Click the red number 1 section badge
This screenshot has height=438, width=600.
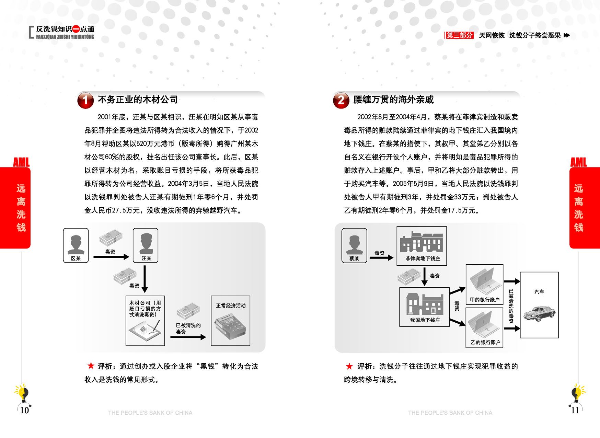pyautogui.click(x=85, y=100)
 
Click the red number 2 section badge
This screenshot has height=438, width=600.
pyautogui.click(x=341, y=100)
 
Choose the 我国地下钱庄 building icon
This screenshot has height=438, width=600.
pyautogui.click(x=425, y=303)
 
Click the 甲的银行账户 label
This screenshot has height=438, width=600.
pyautogui.click(x=485, y=300)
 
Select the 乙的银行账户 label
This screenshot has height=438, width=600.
pyautogui.click(x=485, y=342)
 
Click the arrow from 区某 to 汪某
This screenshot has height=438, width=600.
pyautogui.click(x=111, y=257)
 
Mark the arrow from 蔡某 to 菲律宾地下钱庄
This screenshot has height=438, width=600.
pyautogui.click(x=381, y=257)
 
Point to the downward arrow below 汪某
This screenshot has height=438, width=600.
pyautogui.click(x=145, y=279)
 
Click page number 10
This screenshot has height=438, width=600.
pyautogui.click(x=24, y=410)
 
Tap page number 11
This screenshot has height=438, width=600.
pyautogui.click(x=575, y=410)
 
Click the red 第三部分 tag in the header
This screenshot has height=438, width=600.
pyautogui.click(x=460, y=35)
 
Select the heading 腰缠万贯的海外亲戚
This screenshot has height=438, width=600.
pyautogui.click(x=393, y=100)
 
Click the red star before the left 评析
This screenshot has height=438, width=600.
pyautogui.click(x=91, y=366)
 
